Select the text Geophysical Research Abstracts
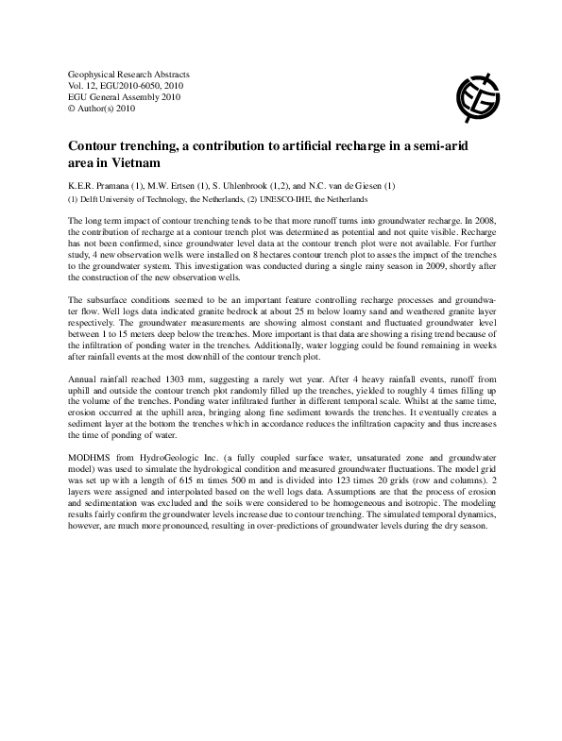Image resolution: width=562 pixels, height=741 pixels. point(129,74)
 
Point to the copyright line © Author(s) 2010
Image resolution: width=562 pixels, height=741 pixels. point(104,108)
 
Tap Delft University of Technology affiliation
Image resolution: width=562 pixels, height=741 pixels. point(141,199)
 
